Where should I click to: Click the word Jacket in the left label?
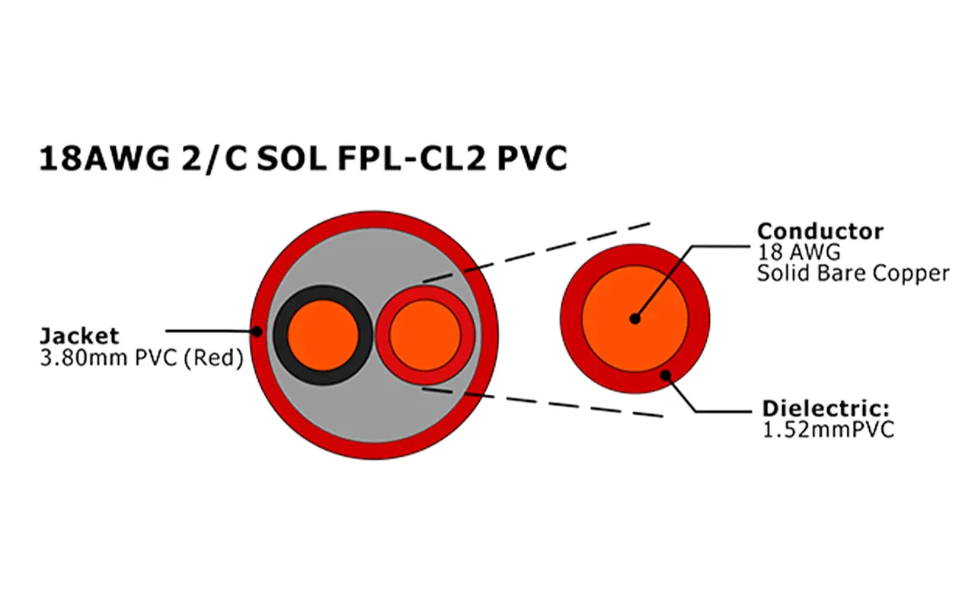(79, 335)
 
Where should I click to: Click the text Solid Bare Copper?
(853, 273)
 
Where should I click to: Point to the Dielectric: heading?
(826, 408)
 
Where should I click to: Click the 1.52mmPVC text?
(827, 429)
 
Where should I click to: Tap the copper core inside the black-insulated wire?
(324, 335)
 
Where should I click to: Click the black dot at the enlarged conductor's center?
(635, 319)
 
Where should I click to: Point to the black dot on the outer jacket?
(257, 331)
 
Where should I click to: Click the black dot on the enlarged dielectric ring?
(667, 374)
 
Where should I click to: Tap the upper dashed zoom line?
(548, 248)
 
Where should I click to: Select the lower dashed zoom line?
(548, 403)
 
